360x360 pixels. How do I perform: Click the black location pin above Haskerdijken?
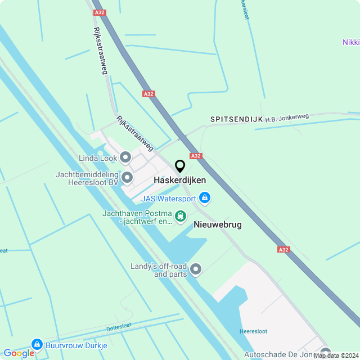pos(180,166)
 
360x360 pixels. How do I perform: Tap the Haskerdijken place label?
pos(179,181)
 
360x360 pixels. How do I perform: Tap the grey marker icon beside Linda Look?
pos(125,157)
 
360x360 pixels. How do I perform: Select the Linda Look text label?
pos(97,157)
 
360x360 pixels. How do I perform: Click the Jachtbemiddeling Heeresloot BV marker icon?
pos(127,178)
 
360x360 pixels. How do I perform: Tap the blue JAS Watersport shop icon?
pos(205,198)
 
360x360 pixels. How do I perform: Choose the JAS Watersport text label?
pos(168,199)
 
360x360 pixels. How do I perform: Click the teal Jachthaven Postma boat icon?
pos(180,216)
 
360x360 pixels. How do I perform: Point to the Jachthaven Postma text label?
pos(137,217)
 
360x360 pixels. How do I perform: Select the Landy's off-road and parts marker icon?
pos(196,269)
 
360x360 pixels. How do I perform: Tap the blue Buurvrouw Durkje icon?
pos(37,344)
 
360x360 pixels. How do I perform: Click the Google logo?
pos(18,353)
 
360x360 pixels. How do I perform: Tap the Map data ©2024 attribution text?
pos(336,355)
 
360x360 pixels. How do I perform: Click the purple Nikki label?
pos(350,42)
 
